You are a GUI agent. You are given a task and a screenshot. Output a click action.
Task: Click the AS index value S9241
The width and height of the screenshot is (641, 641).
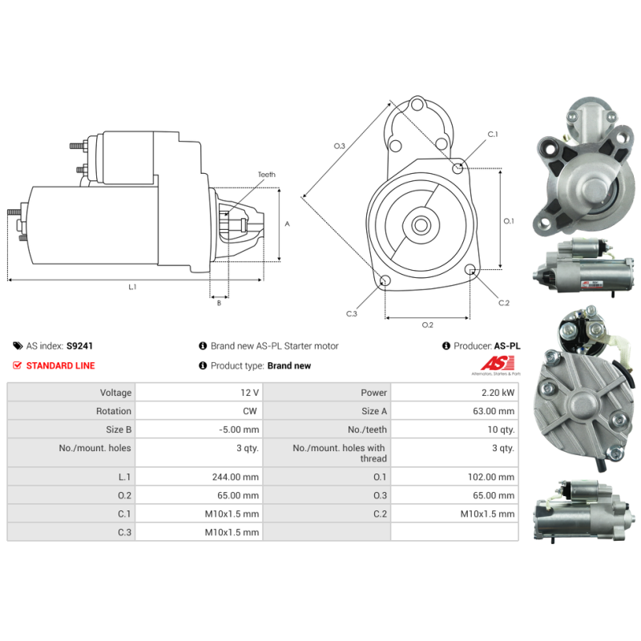point(79,346)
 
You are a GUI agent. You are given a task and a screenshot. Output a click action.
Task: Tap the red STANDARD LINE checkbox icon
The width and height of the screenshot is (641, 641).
point(18,365)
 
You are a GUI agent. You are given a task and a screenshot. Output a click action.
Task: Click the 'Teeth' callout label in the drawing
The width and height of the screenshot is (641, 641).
point(266,175)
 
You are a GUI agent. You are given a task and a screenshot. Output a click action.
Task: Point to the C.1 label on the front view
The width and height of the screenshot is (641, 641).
point(493,135)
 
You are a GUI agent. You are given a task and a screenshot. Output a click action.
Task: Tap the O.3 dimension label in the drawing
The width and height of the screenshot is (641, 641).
point(339,146)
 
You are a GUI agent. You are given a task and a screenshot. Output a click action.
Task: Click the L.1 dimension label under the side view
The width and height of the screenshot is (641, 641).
point(132,287)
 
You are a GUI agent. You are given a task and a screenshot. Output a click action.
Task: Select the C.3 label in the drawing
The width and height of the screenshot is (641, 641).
point(351,313)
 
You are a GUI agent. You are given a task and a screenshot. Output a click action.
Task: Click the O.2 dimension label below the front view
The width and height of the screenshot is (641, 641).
point(427,325)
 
